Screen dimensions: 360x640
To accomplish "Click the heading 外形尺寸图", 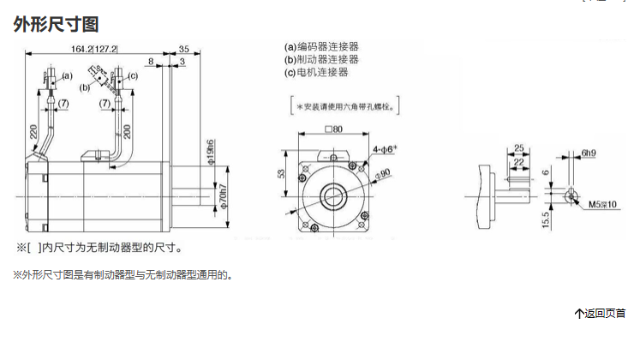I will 50,25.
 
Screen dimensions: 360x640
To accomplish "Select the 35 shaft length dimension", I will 185,49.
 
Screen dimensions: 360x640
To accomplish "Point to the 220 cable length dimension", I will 33,132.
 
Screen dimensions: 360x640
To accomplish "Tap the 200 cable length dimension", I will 128,131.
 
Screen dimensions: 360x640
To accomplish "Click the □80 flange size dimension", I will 333,129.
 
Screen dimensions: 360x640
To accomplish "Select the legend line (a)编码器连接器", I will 321,46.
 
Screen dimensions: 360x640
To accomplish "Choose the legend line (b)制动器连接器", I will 321,59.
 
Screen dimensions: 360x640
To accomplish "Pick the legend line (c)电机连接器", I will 316,73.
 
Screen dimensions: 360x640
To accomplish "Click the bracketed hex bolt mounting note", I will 349,107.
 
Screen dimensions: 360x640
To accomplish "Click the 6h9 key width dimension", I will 588,153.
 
